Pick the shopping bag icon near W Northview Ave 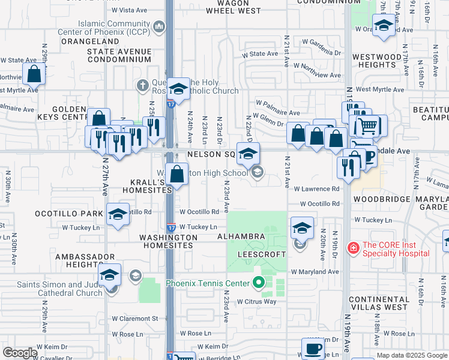coord(34,74)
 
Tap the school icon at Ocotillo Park coord(118,214)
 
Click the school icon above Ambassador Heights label coord(110,275)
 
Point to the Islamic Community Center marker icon coord(159,26)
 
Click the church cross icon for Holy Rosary coord(142,85)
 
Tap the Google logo coord(19,353)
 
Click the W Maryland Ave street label coord(315,272)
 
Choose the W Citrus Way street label coord(256,301)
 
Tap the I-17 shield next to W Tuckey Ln coord(171,227)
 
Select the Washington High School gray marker coord(258,173)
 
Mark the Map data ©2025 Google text coord(412,355)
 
